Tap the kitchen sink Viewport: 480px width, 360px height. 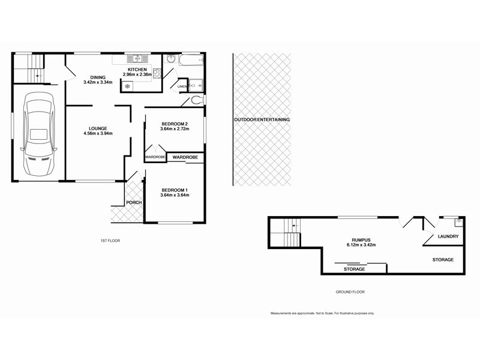point(138,58)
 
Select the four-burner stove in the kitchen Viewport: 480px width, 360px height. point(157,74)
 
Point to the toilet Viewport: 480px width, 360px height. point(197,101)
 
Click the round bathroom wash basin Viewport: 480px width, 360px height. point(170,59)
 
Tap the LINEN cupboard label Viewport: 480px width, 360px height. point(182,87)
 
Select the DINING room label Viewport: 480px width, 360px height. point(98,77)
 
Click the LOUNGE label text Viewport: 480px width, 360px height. point(98,128)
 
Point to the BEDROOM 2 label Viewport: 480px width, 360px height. point(174,123)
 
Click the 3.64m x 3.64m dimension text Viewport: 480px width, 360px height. point(175,195)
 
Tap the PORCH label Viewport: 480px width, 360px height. point(134,202)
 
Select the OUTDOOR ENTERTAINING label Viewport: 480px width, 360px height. point(262,119)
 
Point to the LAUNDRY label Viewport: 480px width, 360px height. point(448,236)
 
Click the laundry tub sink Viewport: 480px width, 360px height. point(458,221)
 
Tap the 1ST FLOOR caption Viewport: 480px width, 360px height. point(110,241)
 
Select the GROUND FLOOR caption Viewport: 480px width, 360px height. point(350,292)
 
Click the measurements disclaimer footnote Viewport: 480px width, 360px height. point(322,313)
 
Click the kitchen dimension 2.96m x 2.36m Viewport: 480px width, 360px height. point(137,74)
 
